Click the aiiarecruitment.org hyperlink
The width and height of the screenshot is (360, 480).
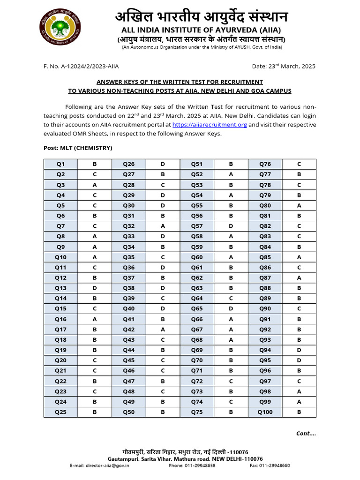point(210,125)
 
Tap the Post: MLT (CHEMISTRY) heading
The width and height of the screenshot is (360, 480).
point(78,148)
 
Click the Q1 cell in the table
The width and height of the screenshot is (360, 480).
point(60,164)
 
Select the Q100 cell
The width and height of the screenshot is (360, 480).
point(265,412)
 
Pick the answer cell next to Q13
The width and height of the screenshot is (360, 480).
point(95,288)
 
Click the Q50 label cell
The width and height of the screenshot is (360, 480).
point(129,412)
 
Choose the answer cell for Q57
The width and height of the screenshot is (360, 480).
point(231,226)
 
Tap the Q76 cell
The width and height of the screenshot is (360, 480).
point(265,164)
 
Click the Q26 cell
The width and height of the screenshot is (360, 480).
point(129,164)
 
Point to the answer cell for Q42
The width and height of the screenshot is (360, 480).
point(163,330)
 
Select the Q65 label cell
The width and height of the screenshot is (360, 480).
point(197,309)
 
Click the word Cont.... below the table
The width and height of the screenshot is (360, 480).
point(306,434)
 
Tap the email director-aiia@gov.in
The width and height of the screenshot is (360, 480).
point(99,465)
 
